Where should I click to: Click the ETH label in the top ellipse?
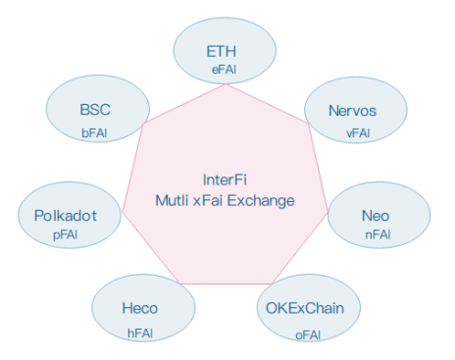pos(222,51)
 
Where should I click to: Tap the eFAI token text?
pos(225,70)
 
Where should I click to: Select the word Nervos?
pos(352,111)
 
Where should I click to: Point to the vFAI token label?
pos(358,132)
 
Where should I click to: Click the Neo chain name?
pos(376,216)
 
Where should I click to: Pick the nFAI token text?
pos(378,234)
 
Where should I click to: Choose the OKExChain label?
pos(305,308)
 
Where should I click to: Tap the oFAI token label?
pos(308,334)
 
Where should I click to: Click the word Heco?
pos(140,308)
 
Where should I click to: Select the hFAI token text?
pos(140,333)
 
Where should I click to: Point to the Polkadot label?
pos(66,216)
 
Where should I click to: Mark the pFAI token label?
pos(66,235)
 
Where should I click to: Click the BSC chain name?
pos(95,110)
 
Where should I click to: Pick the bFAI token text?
pos(94,132)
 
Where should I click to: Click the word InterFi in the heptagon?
pos(225,180)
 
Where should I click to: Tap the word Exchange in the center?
pos(261,201)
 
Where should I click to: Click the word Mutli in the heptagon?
pos(172,200)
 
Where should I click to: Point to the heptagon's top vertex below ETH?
pos(226,84)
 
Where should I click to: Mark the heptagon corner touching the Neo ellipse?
pos(328,213)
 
